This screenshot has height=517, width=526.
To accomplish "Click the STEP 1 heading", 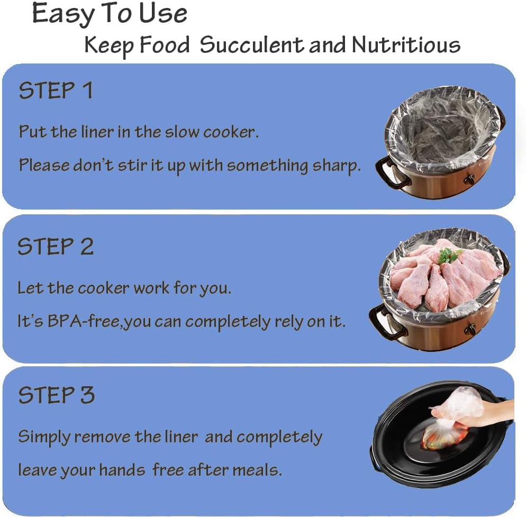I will (56, 91).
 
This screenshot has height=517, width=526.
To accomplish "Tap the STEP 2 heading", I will (56, 247).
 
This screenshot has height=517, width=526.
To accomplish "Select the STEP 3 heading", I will (57, 395).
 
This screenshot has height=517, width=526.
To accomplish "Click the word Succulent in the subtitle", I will (251, 46).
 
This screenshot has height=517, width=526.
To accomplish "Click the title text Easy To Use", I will (110, 14).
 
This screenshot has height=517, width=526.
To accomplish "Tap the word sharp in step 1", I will (337, 166).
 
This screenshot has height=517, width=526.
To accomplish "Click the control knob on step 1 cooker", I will (469, 180).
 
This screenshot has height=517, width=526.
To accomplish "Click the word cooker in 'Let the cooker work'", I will (104, 288).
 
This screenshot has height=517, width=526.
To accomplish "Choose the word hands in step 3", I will (121, 469).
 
